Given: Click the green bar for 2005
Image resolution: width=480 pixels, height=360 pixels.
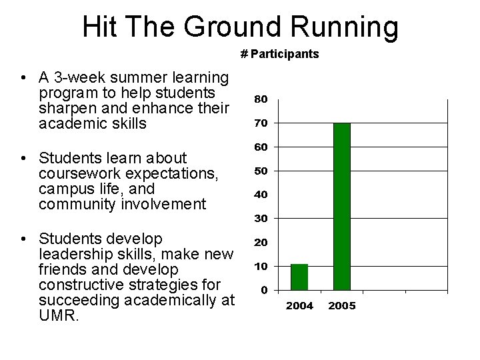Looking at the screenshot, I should coord(341,207).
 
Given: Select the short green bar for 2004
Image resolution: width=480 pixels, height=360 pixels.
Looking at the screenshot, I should coord(299,277).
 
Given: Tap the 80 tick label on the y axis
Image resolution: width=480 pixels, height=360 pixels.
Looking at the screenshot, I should coord(261,99).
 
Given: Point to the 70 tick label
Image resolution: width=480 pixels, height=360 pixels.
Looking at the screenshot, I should coord(261,123).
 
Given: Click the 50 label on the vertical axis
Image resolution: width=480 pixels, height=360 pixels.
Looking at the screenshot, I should coord(261,171).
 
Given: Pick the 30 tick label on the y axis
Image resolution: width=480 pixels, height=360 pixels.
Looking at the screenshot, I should coord(261,218).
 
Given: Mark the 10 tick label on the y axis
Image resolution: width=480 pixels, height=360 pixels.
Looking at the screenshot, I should coord(261,266).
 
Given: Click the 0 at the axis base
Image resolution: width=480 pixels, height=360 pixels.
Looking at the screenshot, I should coord(265,290).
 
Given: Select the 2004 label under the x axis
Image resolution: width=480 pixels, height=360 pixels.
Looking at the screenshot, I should coord(299,306).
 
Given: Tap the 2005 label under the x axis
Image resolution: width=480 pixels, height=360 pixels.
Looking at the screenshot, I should coord(341,306).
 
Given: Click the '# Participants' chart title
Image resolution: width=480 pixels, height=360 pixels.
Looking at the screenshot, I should coord(279,54).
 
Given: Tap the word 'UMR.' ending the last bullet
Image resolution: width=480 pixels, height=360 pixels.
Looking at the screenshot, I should coord(59,315).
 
